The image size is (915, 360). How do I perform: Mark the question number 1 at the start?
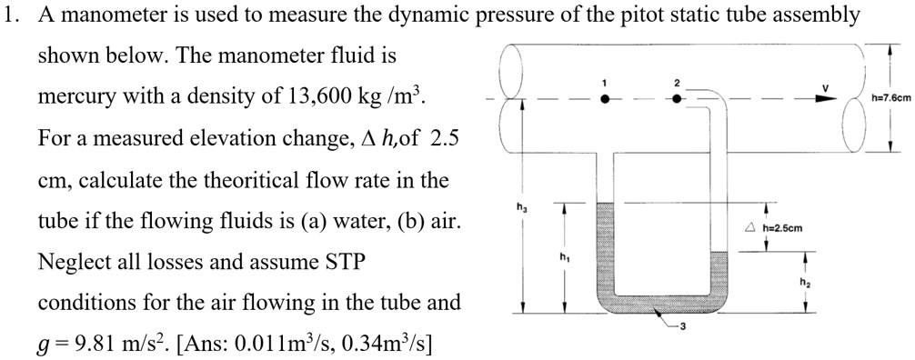click(8, 15)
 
